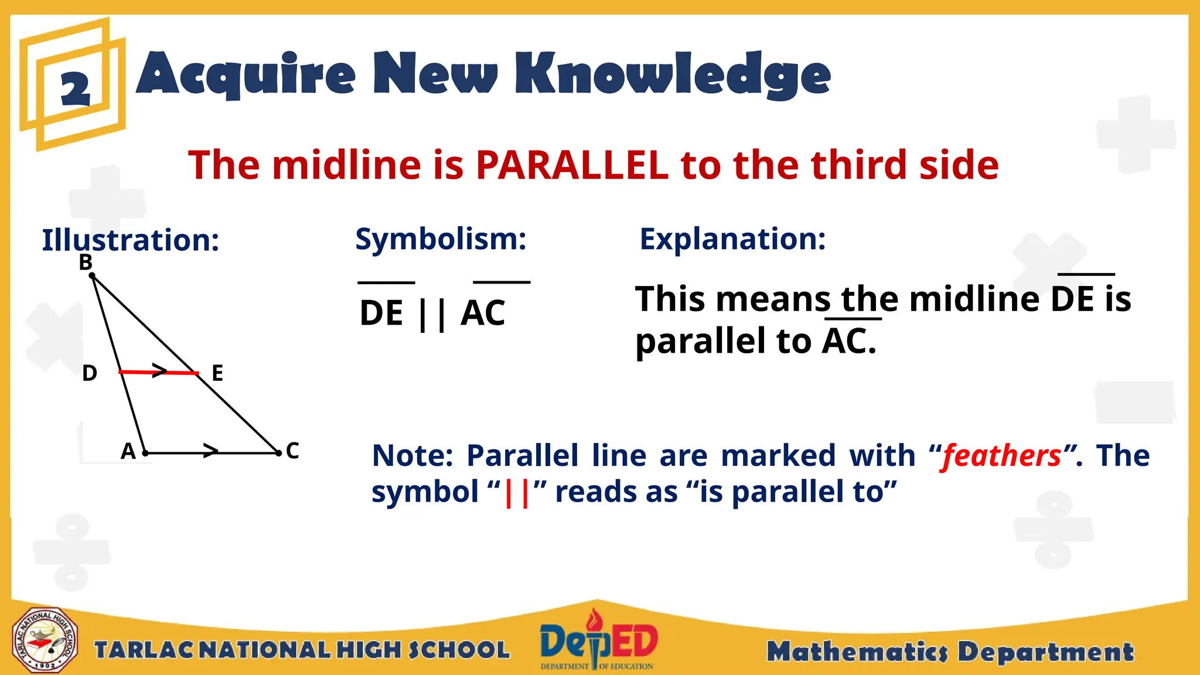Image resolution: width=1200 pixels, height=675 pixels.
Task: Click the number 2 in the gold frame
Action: point(76,90)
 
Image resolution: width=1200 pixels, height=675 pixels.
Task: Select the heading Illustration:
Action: point(131,240)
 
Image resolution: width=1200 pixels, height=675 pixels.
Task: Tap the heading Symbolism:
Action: point(441,239)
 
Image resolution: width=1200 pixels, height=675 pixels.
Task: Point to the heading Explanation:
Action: point(732,239)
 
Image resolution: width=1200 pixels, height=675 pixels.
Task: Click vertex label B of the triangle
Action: point(86,262)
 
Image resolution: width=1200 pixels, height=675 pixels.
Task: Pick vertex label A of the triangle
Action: point(128,451)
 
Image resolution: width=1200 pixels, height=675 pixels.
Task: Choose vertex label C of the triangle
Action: point(292,451)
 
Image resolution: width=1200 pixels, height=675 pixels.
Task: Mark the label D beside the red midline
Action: point(90,373)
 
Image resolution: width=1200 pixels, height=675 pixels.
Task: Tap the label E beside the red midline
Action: point(217,373)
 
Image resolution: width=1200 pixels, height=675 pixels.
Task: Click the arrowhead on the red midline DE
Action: point(159,371)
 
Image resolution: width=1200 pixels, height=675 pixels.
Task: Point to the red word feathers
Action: point(1001,456)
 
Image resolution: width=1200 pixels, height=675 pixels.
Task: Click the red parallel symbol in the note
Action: point(516,493)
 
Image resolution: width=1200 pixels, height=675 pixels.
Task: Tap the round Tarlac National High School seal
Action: point(45,640)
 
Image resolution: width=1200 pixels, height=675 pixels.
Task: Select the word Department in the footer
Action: point(1045,652)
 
